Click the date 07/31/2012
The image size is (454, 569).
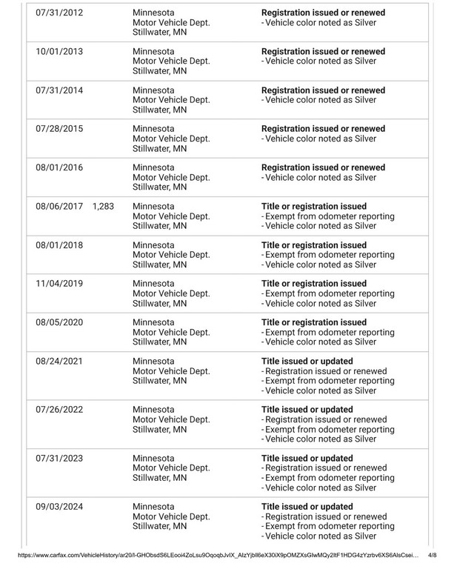click(x=59, y=13)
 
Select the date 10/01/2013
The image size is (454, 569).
click(x=59, y=52)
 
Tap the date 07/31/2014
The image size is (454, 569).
click(x=59, y=90)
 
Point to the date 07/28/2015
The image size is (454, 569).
click(x=59, y=129)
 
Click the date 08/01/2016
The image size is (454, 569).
click(x=59, y=167)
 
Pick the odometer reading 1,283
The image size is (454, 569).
click(x=103, y=206)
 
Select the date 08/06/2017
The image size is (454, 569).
click(x=59, y=206)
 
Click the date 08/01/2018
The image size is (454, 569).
click(x=59, y=244)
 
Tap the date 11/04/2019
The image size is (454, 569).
click(x=59, y=283)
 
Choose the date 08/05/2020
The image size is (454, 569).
click(x=59, y=322)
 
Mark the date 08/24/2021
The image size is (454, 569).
click(x=59, y=361)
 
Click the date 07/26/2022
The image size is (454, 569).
click(x=59, y=410)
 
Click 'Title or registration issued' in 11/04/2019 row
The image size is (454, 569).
click(x=314, y=283)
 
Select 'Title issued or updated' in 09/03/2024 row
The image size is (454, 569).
click(x=307, y=507)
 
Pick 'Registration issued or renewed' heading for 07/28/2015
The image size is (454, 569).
click(x=324, y=129)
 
